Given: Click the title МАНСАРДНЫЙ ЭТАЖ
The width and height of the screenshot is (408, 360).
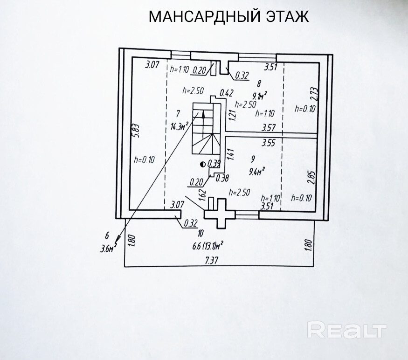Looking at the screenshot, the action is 228,17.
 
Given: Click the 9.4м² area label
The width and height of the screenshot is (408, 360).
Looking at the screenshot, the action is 257,171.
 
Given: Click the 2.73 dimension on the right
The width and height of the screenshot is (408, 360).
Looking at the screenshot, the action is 314,95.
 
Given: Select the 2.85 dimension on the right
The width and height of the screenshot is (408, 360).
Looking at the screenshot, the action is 312,178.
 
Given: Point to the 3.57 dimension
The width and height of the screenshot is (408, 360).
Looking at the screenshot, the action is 270,127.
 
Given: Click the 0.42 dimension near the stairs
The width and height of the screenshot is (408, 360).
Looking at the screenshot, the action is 226,93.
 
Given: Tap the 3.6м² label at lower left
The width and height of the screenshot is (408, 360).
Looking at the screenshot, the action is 107,249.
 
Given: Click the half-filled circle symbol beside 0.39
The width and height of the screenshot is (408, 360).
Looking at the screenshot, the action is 203,164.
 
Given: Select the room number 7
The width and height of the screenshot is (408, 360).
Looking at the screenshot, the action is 178,113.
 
